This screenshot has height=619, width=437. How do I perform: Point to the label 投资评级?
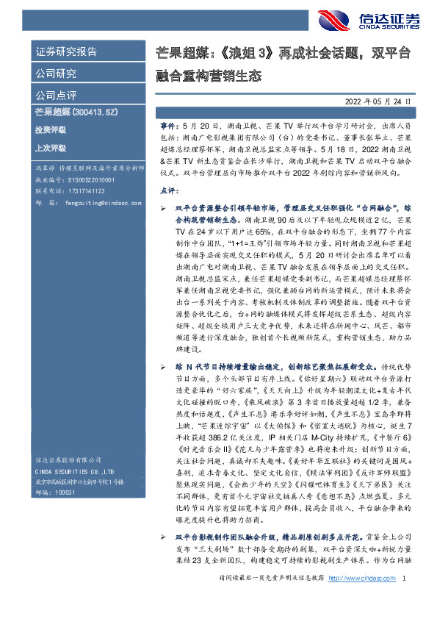coord(50,129)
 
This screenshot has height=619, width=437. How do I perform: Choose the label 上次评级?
coord(50,147)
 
